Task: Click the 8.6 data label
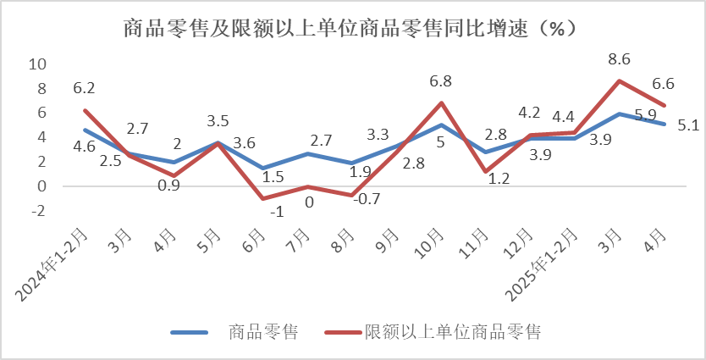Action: tap(621, 59)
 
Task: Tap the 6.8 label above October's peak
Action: tap(440, 82)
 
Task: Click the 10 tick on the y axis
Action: tap(36, 64)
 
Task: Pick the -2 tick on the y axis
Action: tap(36, 211)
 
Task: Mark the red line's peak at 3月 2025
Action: tap(620, 80)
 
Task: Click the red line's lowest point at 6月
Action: tap(262, 198)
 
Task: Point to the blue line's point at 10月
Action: tap(441, 125)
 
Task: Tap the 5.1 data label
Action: tap(688, 126)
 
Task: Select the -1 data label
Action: tap(276, 213)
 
